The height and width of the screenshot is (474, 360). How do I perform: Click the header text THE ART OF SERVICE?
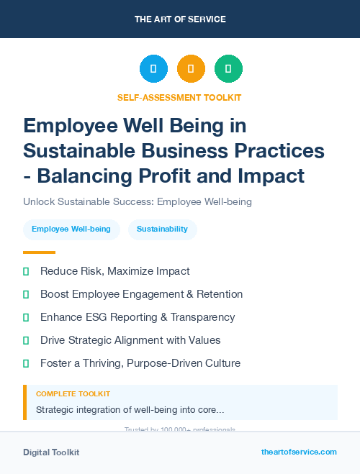coord(180,19)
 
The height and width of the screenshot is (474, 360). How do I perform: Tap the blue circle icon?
coord(153,69)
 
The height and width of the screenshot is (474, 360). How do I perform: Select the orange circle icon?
coord(191,69)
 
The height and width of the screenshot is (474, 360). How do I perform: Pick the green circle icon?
coord(228,69)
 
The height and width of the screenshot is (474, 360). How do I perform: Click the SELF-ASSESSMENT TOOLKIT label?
coord(180,97)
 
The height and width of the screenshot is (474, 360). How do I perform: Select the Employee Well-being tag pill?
coord(71,229)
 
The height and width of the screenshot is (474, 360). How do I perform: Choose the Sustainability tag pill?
coord(162,229)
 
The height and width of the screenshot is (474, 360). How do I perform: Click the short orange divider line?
coord(39,252)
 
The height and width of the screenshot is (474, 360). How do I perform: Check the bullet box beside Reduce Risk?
coord(26,272)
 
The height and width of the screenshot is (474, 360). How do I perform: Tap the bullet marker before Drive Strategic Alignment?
coord(26,340)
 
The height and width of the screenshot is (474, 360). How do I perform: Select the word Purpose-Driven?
coord(163,363)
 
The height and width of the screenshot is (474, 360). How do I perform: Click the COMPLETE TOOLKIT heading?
coord(73,394)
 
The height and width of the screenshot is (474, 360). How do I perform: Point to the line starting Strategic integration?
coord(130,410)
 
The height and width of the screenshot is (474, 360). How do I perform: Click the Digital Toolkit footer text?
coord(51,452)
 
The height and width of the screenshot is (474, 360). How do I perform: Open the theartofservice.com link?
coord(299,452)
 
